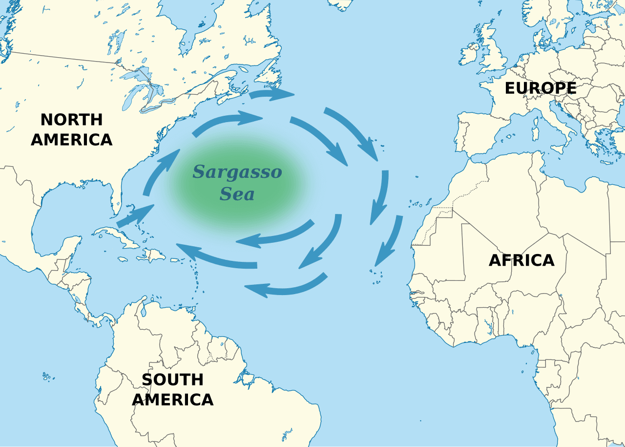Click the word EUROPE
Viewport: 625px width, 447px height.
pos(540,88)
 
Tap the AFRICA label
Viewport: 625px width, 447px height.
pos(521,260)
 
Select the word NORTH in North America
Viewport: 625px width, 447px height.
pos(71,120)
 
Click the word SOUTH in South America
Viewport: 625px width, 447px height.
pos(172,380)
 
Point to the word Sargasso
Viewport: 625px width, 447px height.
pos(237,172)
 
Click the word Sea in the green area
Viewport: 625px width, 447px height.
pos(237,194)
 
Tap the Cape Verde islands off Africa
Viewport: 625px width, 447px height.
pos(376,277)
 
